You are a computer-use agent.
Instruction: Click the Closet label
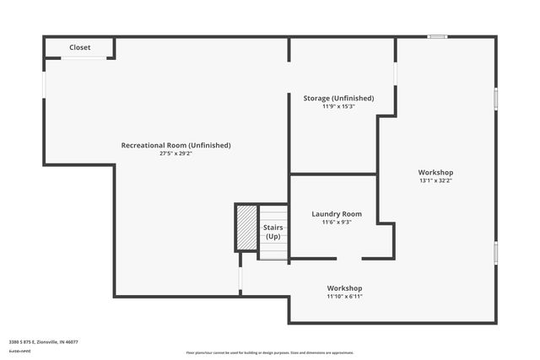pyautogui.click(x=80, y=47)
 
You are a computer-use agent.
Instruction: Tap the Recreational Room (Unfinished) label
pyautogui.click(x=175, y=145)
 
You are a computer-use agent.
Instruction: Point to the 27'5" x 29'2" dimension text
pyautogui.click(x=175, y=154)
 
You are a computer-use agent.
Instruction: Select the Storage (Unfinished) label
pyautogui.click(x=338, y=99)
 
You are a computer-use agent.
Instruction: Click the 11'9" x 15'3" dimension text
pyautogui.click(x=338, y=107)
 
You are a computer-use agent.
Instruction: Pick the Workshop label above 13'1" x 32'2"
pyautogui.click(x=436, y=172)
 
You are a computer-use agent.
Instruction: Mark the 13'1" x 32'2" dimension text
pyautogui.click(x=436, y=180)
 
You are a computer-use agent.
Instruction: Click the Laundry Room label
pyautogui.click(x=337, y=214)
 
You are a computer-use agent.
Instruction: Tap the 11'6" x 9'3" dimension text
pyautogui.click(x=337, y=223)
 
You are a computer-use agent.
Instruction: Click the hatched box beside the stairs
pyautogui.click(x=246, y=228)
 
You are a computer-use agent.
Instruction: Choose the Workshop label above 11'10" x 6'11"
pyautogui.click(x=344, y=288)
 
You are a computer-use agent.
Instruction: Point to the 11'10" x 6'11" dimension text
pyautogui.click(x=344, y=297)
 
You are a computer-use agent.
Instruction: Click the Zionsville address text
pyautogui.click(x=43, y=341)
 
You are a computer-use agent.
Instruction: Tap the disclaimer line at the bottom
pyautogui.click(x=270, y=352)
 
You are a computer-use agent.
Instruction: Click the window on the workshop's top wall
pyautogui.click(x=437, y=36)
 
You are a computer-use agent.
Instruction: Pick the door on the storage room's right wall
pyautogui.click(x=395, y=73)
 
